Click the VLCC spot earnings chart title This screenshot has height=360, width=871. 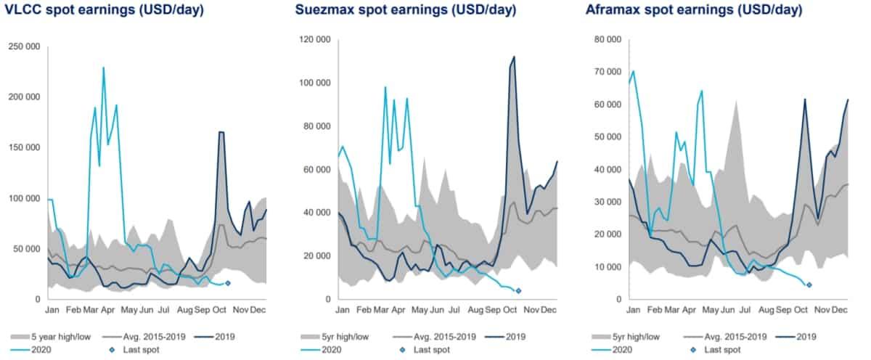tap(104, 10)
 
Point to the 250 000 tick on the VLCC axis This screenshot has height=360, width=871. tap(25, 46)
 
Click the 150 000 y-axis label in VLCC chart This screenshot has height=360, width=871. tap(25, 147)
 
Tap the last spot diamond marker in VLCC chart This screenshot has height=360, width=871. tap(228, 283)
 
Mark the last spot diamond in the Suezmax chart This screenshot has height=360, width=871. tap(518, 290)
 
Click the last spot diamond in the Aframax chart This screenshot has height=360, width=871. tap(809, 285)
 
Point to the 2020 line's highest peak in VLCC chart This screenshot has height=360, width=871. tap(104, 67)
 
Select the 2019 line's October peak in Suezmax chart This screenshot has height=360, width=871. tap(514, 57)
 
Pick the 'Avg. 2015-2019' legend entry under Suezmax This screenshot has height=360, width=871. tap(435, 336)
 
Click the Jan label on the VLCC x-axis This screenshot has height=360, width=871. tap(52, 309)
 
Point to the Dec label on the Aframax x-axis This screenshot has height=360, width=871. tap(841, 309)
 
